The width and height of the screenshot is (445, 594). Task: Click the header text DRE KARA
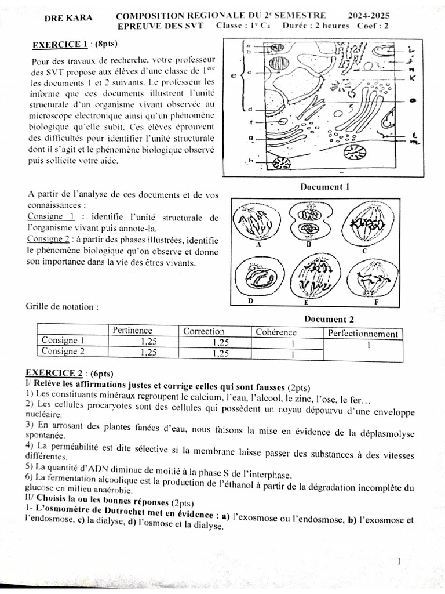68,18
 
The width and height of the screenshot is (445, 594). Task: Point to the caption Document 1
324,187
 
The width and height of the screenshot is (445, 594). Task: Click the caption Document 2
328,318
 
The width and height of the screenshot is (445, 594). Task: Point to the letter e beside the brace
233,74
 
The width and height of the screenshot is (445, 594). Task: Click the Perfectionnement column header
363,334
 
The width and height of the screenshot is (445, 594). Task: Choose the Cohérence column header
276,332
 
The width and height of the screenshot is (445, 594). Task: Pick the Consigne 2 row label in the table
63,351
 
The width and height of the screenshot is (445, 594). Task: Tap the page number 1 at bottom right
400,561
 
